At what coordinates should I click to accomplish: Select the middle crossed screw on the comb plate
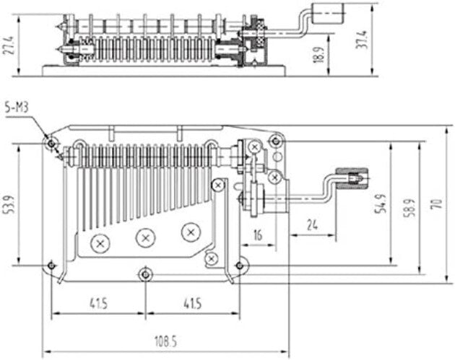point(147,237)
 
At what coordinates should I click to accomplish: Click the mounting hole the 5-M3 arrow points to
point(51,143)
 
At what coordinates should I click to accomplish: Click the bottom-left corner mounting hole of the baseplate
point(50,266)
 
